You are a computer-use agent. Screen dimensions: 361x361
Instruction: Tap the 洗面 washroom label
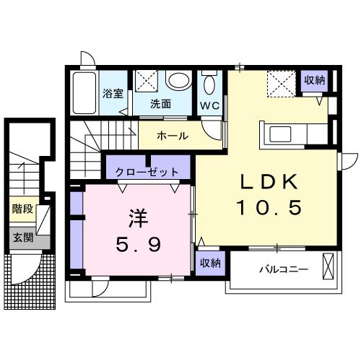[x=160, y=103]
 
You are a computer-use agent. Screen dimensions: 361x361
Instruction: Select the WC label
[x=210, y=104]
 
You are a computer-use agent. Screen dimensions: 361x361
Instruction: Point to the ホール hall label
[x=173, y=135]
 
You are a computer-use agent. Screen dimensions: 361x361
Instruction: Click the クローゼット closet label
[x=147, y=172]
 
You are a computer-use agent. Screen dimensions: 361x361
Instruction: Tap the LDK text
[x=266, y=180]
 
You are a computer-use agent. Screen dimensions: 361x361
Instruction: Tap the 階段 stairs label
[x=22, y=209]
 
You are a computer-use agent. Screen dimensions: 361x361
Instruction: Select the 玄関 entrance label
[x=22, y=236]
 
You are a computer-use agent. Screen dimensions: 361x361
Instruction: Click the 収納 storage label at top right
[x=313, y=80]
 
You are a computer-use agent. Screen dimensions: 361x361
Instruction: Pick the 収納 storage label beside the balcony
[x=210, y=262]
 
